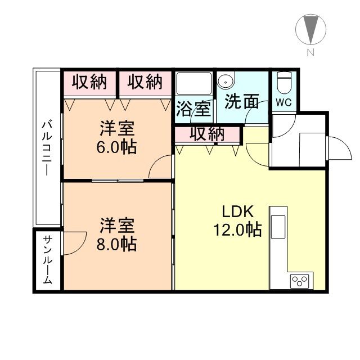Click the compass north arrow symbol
coord(310,29)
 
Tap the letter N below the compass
coord(310,53)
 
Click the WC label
coord(283,102)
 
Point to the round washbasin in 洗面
coord(226,81)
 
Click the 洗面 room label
coord(242,101)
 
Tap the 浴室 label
coord(193,109)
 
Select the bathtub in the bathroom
coord(193,84)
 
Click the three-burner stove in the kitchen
coord(299,281)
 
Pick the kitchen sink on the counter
coord(278,227)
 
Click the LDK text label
coord(237,211)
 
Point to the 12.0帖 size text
coord(237,229)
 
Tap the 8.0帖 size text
coord(116,244)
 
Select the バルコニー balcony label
coord(47,148)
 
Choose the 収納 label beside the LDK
coord(207,134)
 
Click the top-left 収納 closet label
coord(89,82)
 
